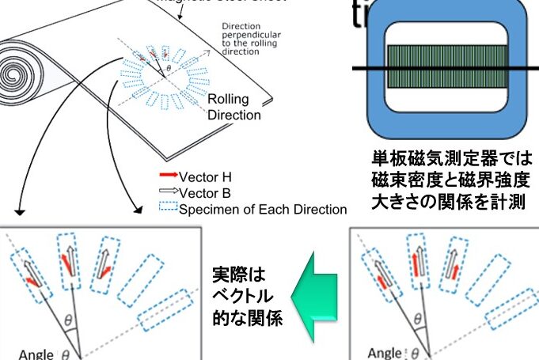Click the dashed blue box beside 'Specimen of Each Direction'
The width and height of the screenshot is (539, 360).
coord(167,210)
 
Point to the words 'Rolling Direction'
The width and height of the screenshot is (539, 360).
coord(233,107)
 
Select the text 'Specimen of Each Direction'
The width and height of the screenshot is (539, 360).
coord(263,210)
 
